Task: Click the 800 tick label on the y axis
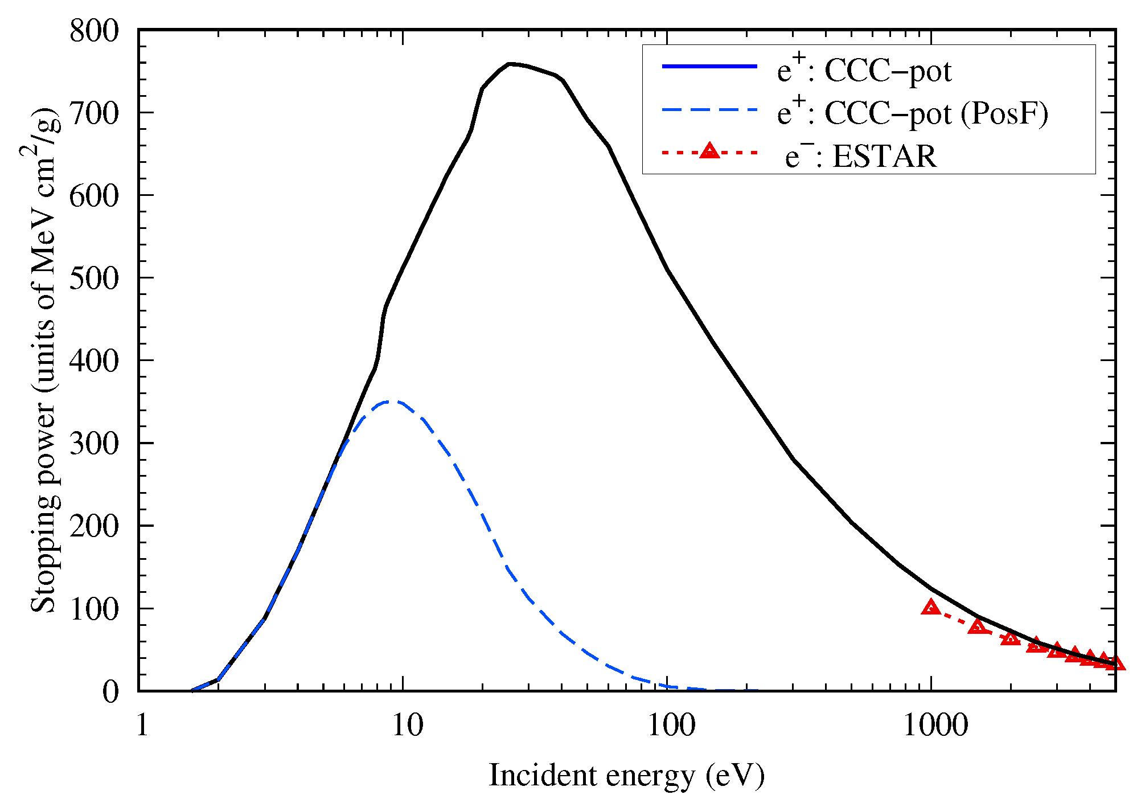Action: (x=95, y=31)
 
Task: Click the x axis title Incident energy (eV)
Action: (x=626, y=776)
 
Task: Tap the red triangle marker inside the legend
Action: (x=709, y=151)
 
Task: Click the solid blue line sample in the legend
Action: (x=709, y=67)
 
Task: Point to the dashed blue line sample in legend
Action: (x=709, y=109)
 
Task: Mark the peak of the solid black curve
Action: (x=511, y=64)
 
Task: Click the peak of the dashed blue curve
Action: (x=390, y=401)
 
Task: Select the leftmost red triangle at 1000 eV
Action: (x=931, y=607)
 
